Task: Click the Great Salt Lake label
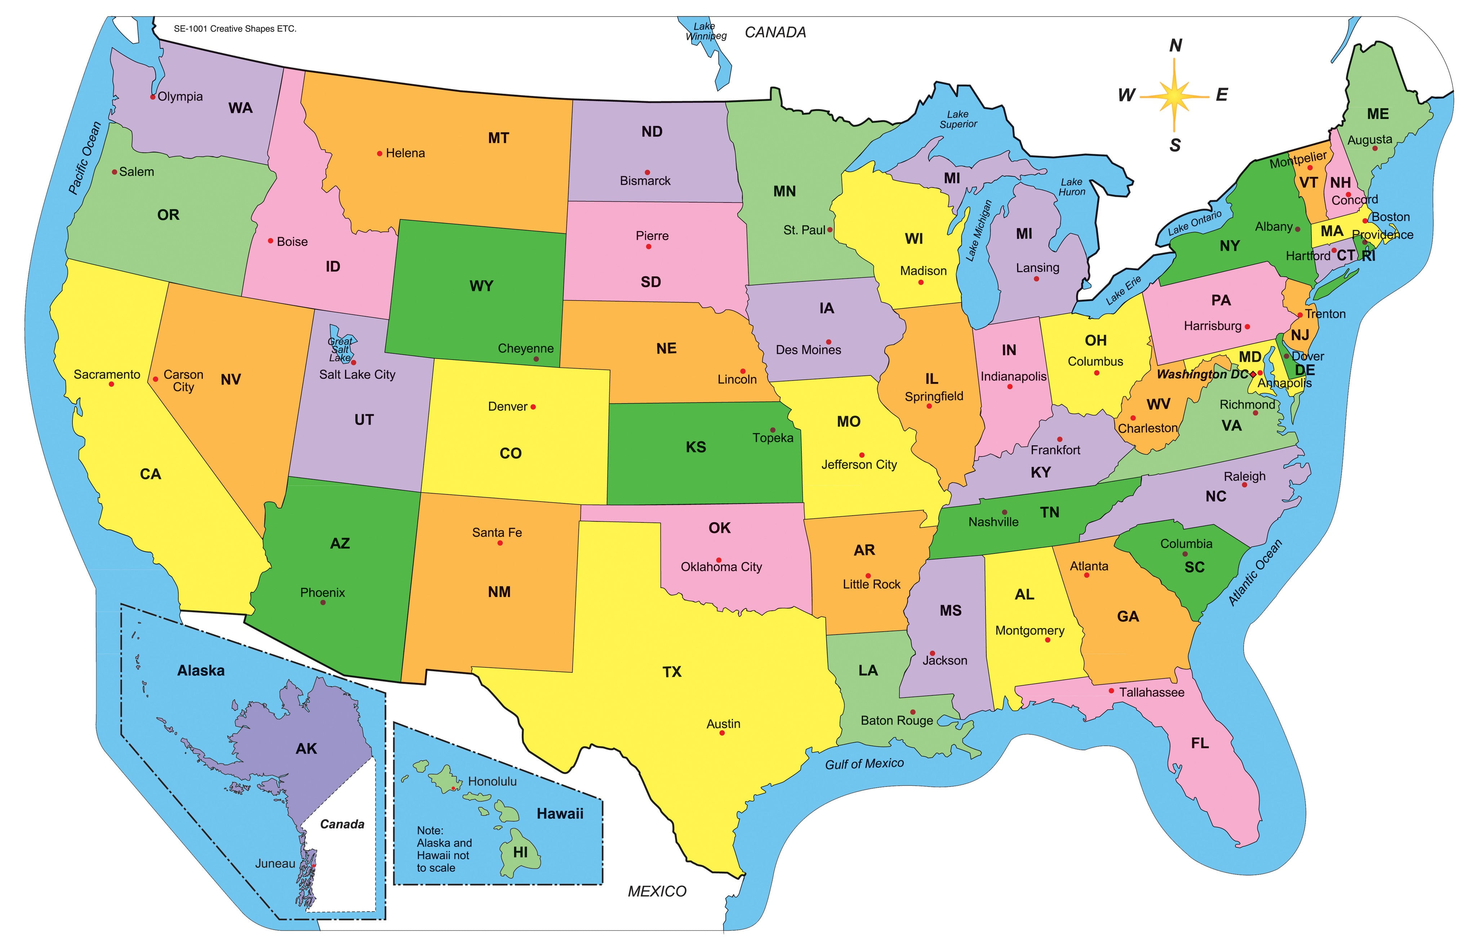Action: click(x=340, y=350)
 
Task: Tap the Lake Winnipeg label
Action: click(x=705, y=31)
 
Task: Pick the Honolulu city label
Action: click(x=492, y=782)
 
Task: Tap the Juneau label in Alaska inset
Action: click(x=275, y=864)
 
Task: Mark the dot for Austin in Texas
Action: click(x=722, y=733)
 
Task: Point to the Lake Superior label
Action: click(x=958, y=119)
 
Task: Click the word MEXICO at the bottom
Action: click(x=657, y=891)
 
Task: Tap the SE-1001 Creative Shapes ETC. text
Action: click(x=235, y=29)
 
